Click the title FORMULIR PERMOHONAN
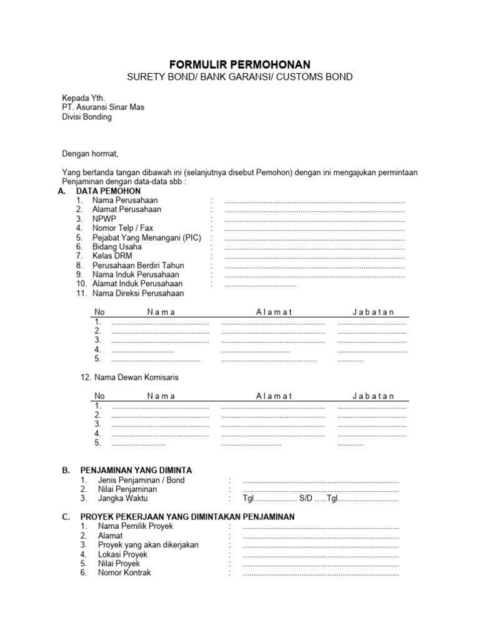click(x=241, y=64)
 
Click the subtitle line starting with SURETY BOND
click(x=241, y=77)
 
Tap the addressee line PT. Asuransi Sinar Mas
click(x=103, y=107)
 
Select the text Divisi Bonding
click(x=87, y=117)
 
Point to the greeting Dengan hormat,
click(x=90, y=153)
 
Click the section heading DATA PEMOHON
click(x=108, y=191)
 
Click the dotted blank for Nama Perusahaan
click(x=314, y=201)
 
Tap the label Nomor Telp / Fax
click(x=122, y=229)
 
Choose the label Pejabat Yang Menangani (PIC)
click(x=146, y=238)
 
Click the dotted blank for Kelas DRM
click(x=314, y=256)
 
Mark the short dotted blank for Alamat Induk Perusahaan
click(x=260, y=284)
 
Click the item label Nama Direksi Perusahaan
click(x=138, y=293)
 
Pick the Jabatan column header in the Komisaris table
click(x=373, y=396)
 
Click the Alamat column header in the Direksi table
click(x=274, y=312)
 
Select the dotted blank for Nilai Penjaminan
click(x=321, y=489)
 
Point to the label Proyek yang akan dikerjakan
click(x=148, y=545)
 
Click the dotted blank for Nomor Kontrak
click(x=321, y=572)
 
